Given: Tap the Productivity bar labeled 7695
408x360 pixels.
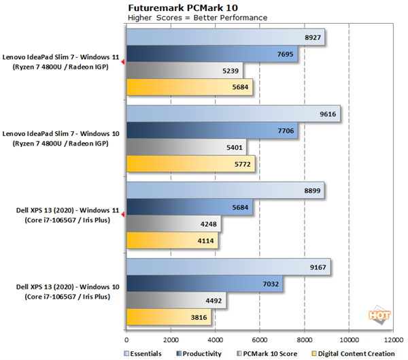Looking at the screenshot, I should pyautogui.click(x=211, y=54).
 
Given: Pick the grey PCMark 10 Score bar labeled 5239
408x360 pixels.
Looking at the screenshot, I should pyautogui.click(x=184, y=70).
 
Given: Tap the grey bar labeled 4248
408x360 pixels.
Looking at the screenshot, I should pyautogui.click(x=173, y=223).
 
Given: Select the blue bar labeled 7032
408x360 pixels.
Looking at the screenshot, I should pyautogui.click(x=204, y=284).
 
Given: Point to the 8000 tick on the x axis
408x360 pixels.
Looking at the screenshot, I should pyautogui.click(x=305, y=338).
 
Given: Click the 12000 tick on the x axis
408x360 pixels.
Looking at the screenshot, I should pyautogui.click(x=393, y=338).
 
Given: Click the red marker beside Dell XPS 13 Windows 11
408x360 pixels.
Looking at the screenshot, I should pyautogui.click(x=122, y=215).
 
